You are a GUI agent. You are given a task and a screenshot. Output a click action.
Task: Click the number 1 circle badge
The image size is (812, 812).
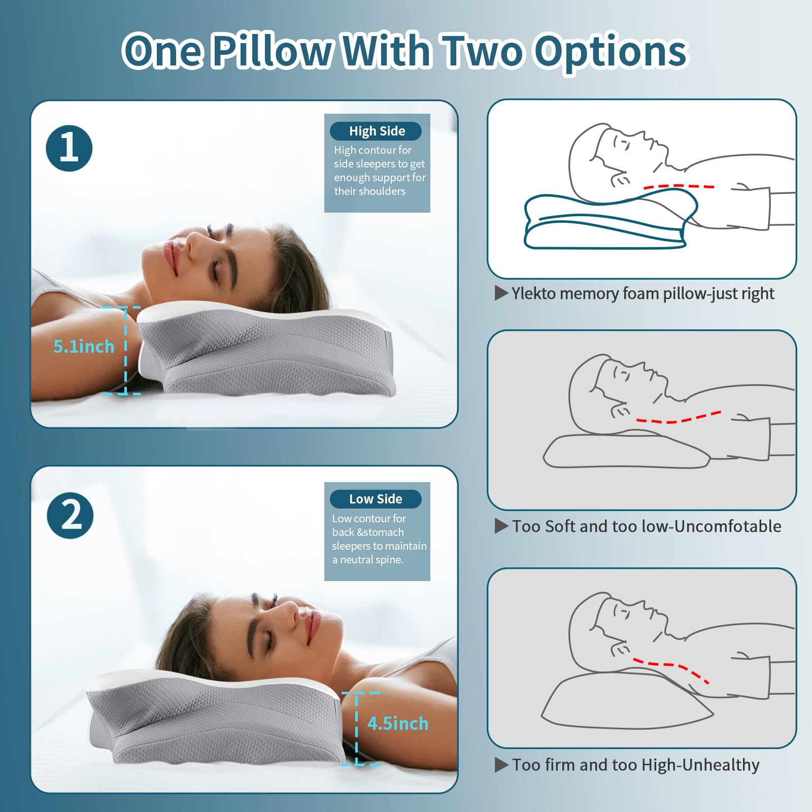(69, 148)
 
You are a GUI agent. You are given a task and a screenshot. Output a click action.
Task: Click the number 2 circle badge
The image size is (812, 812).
(70, 515)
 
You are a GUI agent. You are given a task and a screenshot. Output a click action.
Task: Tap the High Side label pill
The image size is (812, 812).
(376, 131)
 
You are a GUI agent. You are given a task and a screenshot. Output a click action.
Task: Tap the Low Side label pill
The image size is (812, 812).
(376, 499)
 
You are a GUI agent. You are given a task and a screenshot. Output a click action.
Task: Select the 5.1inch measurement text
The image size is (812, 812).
(84, 347)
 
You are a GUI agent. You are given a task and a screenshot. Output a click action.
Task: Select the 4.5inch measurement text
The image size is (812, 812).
(398, 723)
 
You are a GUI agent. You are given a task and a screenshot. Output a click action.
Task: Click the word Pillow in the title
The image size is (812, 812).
(272, 52)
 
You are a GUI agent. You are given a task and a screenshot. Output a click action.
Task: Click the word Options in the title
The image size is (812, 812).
(612, 52)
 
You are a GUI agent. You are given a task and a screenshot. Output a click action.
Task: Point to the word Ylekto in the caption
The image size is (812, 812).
(533, 293)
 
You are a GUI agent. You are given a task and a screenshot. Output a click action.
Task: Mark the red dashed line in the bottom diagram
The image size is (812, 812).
(670, 666)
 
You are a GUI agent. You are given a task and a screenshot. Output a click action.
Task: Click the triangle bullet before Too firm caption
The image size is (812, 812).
(501, 765)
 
